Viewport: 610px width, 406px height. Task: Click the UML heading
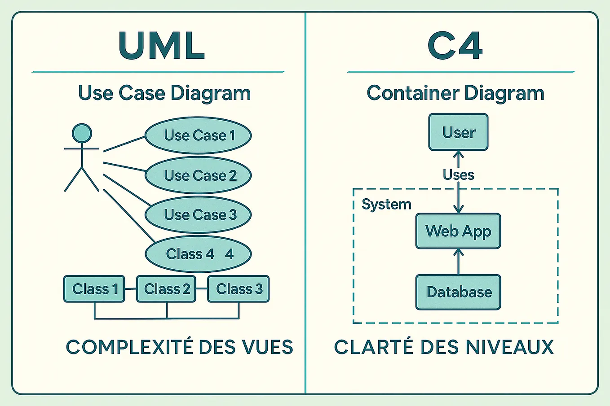162,45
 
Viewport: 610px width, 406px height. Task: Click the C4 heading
455,45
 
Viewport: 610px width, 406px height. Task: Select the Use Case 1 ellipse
198,135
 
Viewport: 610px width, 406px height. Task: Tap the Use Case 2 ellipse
198,175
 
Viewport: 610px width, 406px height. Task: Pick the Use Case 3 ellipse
198,214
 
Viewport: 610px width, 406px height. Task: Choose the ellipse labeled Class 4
198,254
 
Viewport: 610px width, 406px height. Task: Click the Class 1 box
94,289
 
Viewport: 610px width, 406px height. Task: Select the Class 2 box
166,289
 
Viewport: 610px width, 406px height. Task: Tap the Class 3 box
239,289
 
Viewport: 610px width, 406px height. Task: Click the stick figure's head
82,133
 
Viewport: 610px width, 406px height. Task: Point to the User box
458,132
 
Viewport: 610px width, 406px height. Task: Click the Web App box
458,231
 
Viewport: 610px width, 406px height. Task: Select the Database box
458,292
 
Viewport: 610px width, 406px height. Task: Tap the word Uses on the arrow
458,175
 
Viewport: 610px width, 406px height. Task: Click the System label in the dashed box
386,205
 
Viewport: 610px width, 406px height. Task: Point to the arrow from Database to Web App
458,262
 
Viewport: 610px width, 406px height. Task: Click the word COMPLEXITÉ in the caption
130,346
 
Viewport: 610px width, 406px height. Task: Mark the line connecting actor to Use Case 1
124,144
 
